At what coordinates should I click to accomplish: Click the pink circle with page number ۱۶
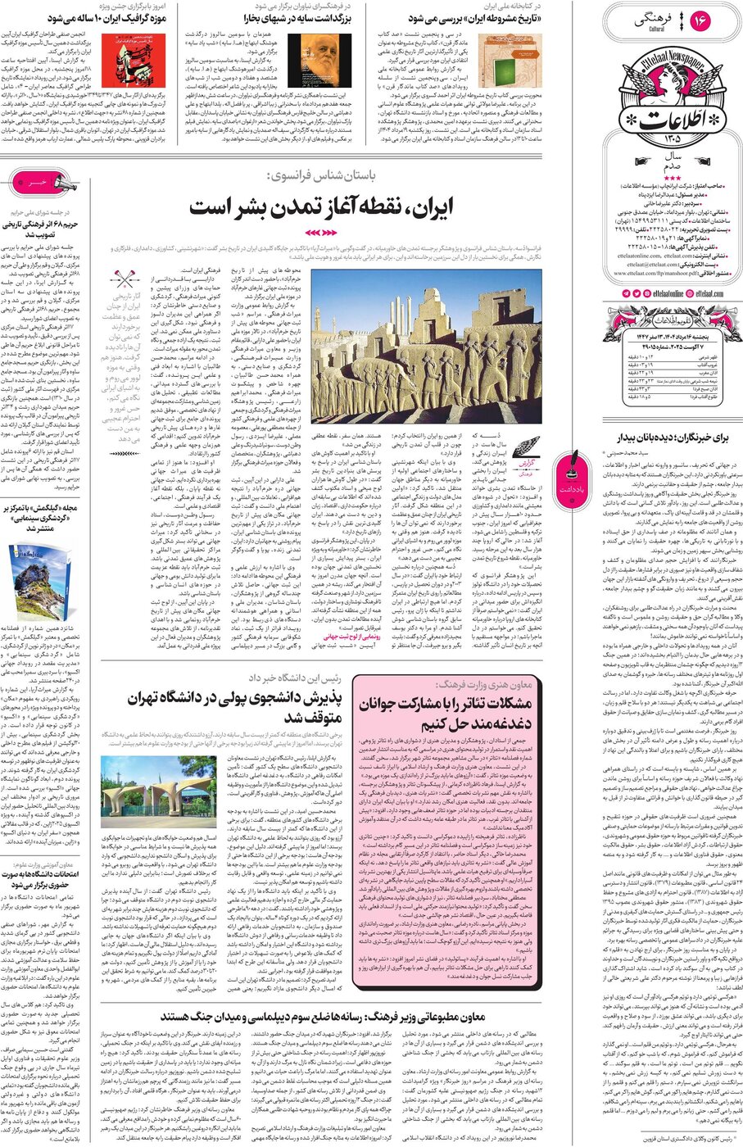(700, 20)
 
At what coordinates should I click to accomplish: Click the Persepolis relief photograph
(425, 347)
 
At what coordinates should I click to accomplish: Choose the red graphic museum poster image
(143, 57)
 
